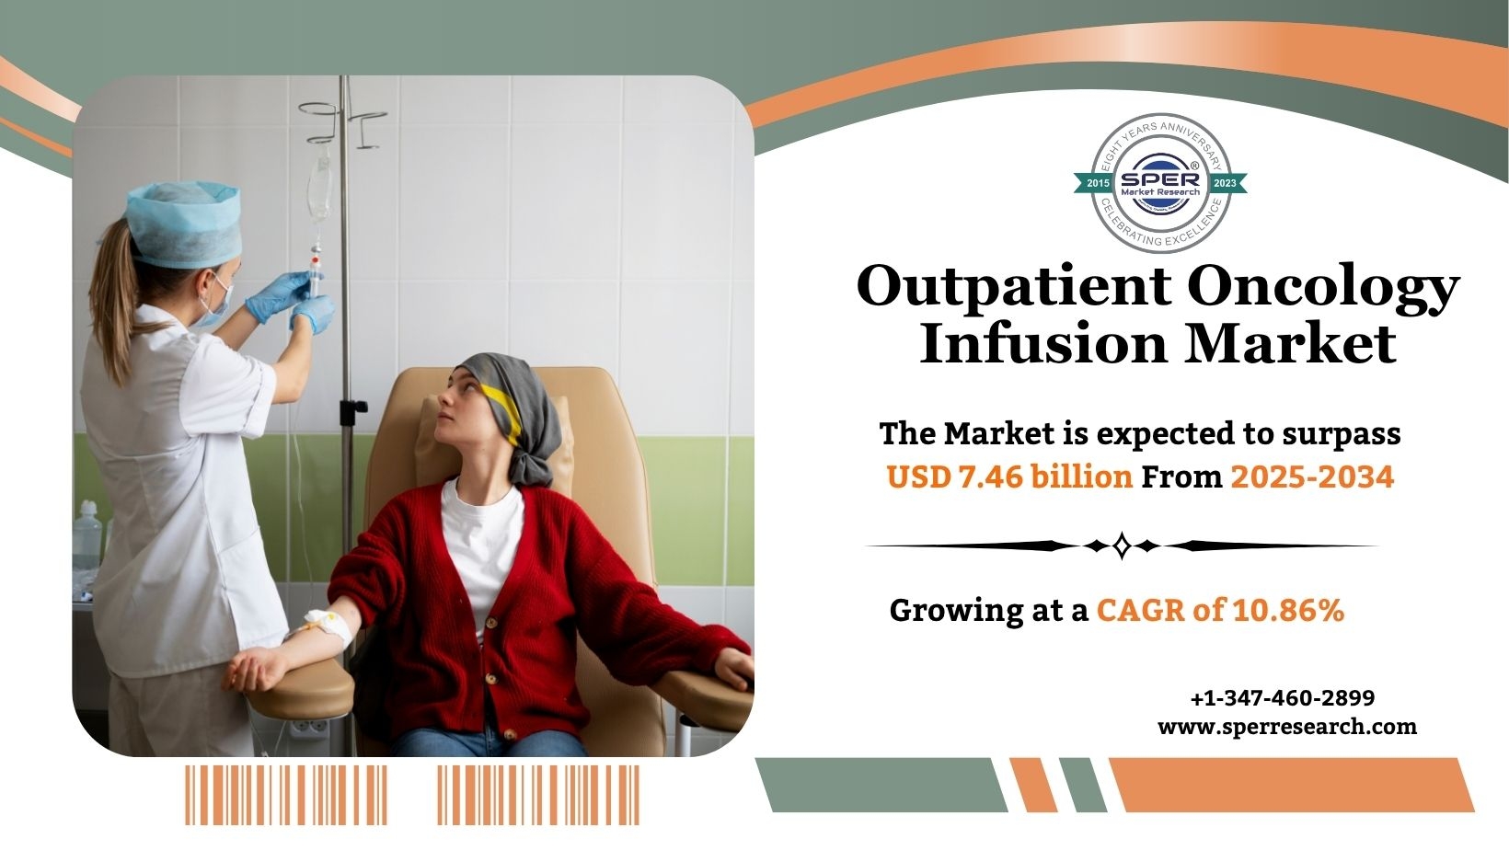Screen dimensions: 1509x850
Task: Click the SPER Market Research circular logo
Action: point(1160,182)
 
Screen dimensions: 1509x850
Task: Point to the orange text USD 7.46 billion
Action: point(1009,477)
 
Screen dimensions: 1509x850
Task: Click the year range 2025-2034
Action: point(1312,477)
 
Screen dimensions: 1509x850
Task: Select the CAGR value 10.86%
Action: point(1289,610)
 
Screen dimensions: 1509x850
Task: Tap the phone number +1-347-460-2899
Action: point(1283,698)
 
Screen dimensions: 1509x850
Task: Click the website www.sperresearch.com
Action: point(1287,727)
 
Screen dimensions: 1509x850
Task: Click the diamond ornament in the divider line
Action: point(1122,545)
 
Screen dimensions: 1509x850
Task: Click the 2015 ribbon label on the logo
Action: point(1098,183)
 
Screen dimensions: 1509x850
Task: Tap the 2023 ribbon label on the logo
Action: point(1225,183)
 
